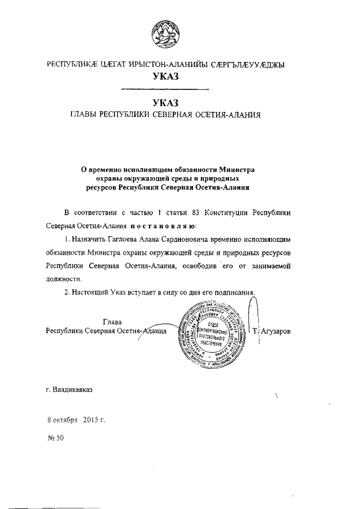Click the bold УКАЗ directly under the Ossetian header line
165,76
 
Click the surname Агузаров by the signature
276,331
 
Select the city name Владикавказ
73,389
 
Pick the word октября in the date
65,420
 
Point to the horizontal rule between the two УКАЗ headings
165,88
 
